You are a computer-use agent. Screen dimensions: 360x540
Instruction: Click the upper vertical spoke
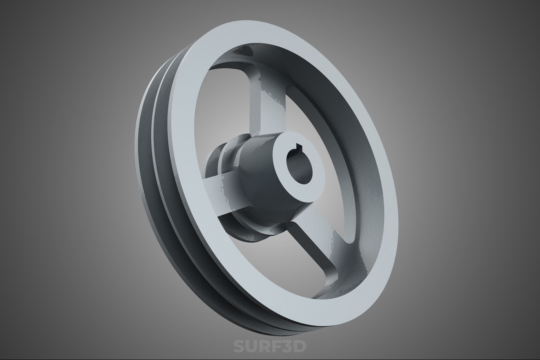(x=267, y=107)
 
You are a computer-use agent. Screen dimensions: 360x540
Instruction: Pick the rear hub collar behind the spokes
(x=217, y=160)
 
